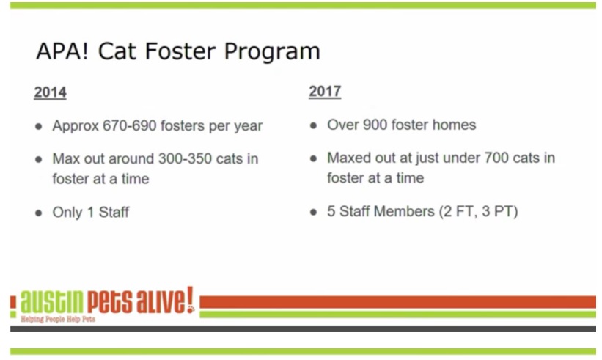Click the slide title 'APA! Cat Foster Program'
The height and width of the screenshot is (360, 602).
pos(177,52)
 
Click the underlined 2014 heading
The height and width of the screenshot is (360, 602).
pos(50,93)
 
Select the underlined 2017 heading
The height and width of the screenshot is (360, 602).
pos(325,92)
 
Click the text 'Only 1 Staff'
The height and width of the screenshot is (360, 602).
pos(90,213)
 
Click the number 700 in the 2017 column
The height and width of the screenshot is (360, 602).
pos(499,158)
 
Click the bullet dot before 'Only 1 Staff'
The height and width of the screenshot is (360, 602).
pos(38,213)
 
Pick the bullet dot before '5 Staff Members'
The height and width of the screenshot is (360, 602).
pos(313,213)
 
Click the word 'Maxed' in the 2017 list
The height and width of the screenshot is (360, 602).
pos(349,158)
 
